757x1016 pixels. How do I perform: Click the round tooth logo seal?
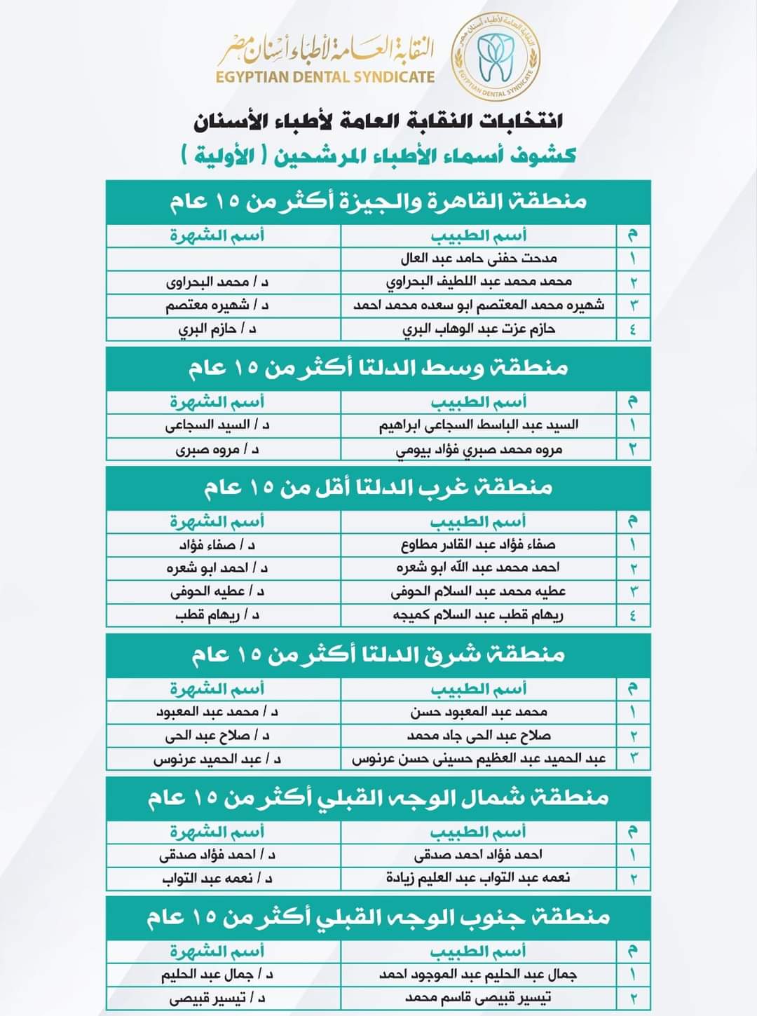[x=496, y=56]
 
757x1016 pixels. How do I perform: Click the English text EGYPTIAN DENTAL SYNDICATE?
[x=325, y=77]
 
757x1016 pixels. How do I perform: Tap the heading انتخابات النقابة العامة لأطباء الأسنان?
[x=378, y=121]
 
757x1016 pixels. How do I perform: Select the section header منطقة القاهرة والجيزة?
[x=378, y=202]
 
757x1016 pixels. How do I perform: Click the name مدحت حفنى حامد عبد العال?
[x=479, y=258]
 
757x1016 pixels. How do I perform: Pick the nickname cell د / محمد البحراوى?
[x=217, y=282]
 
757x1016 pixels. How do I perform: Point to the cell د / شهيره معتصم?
[x=217, y=306]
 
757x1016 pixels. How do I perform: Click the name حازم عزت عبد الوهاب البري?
[x=479, y=329]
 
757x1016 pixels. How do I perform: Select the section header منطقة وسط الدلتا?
[x=378, y=368]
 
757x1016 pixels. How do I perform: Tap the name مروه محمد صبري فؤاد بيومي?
[x=479, y=449]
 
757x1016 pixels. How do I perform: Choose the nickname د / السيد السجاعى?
[x=217, y=425]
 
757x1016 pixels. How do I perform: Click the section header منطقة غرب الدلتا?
[x=378, y=488]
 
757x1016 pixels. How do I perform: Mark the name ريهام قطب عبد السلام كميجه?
[x=479, y=615]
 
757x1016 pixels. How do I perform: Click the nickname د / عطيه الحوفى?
[x=217, y=591]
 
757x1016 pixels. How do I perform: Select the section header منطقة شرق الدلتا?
[x=378, y=654]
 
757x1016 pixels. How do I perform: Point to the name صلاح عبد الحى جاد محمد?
[x=479, y=736]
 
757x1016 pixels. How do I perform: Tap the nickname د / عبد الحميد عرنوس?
[x=217, y=759]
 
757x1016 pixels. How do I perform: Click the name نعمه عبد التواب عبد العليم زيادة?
[x=479, y=878]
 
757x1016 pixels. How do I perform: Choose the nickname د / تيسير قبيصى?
[x=217, y=998]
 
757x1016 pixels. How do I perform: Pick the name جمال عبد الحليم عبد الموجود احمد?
[x=479, y=974]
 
